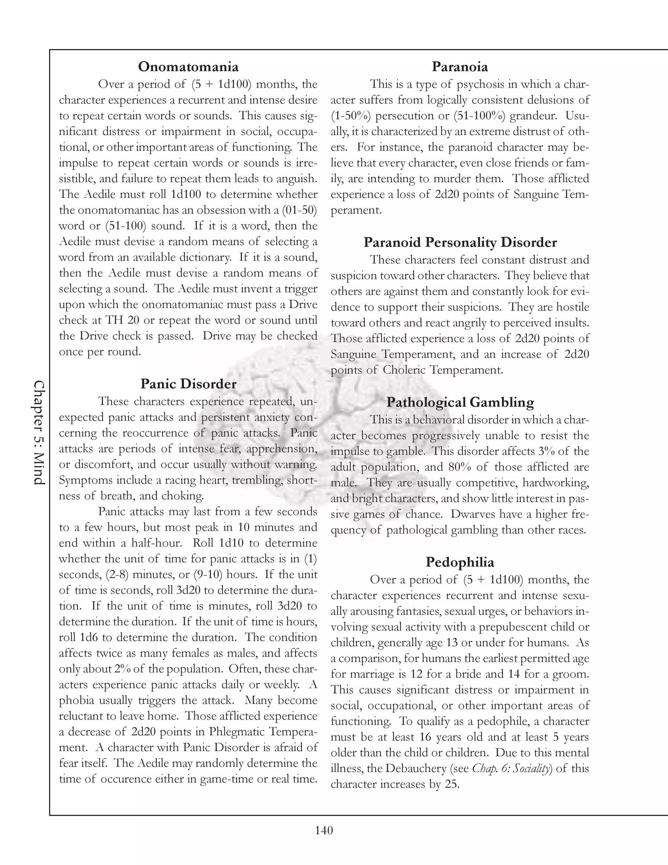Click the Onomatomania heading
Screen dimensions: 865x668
pyautogui.click(x=189, y=67)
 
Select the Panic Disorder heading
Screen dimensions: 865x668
pyautogui.click(x=189, y=384)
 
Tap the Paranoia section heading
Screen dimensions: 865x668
pyautogui.click(x=460, y=67)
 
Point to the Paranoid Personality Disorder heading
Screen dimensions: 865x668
pyautogui.click(x=460, y=243)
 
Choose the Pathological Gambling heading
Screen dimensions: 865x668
pyautogui.click(x=460, y=402)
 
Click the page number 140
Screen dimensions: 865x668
pyautogui.click(x=324, y=830)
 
